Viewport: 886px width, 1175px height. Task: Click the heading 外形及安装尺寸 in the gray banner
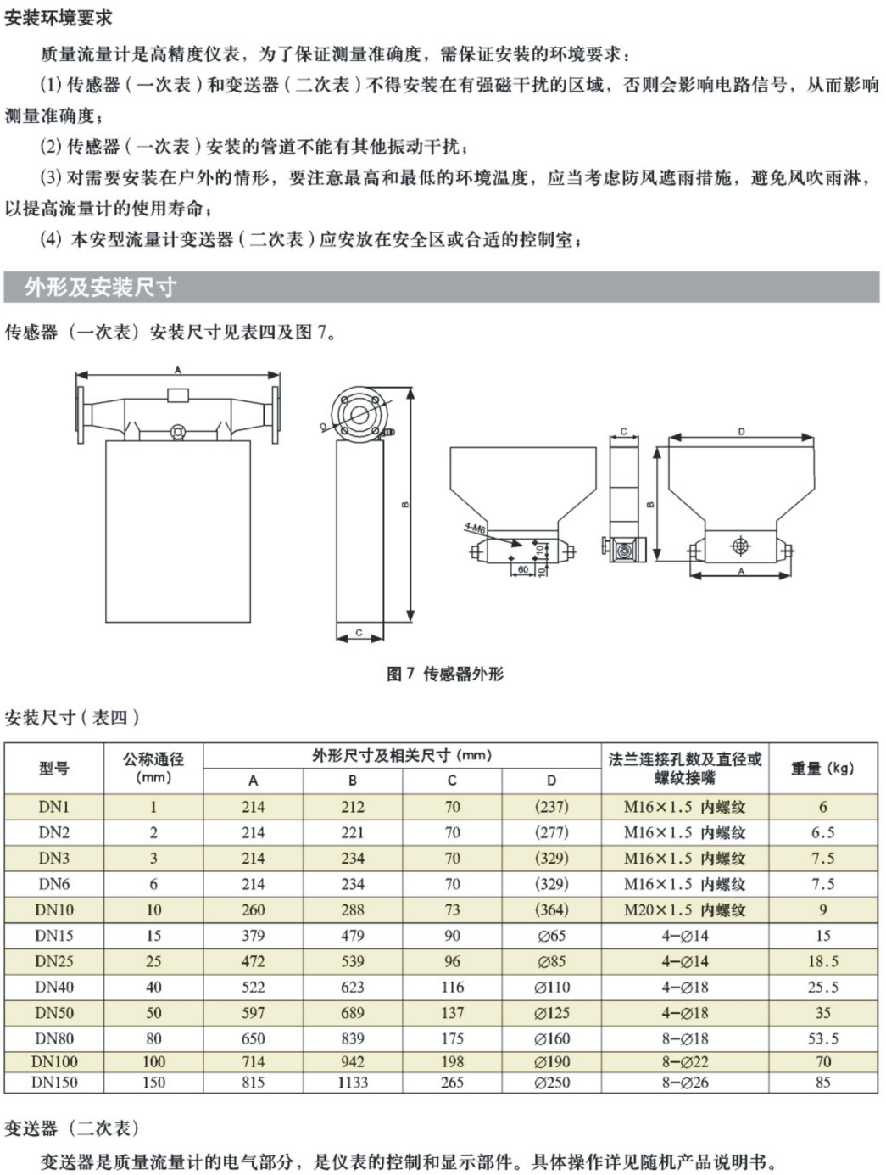100,287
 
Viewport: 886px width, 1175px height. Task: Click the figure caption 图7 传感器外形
444,674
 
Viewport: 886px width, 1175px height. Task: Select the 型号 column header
53,768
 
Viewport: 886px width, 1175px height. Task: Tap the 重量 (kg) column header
822,768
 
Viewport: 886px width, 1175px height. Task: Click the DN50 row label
53,1012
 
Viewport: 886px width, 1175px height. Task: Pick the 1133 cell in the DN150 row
353,1083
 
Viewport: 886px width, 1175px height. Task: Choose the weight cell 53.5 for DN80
822,1038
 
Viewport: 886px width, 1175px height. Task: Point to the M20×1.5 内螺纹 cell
684,909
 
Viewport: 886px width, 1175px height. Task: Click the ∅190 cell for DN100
552,1061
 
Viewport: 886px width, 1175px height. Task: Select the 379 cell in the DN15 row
253,936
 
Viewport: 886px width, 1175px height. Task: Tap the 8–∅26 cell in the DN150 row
684,1083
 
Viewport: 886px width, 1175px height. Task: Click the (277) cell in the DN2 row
552,832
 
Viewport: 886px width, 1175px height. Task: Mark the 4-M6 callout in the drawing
475,528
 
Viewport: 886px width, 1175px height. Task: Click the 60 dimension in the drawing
523,569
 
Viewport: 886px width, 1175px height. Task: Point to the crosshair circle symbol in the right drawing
740,543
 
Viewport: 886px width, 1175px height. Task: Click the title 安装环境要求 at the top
58,18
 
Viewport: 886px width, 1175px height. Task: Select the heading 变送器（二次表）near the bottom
71,1128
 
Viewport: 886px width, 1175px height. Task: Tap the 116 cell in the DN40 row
452,987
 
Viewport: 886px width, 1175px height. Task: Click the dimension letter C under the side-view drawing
359,633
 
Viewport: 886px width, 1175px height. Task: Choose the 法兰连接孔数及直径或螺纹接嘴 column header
684,768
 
